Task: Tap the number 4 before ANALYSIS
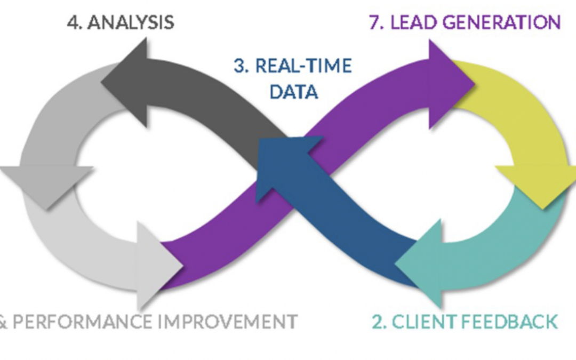tap(74, 22)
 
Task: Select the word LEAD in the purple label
tap(411, 22)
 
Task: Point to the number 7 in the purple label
tap(375, 22)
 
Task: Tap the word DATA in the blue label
tap(293, 92)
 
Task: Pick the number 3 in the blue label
tap(239, 67)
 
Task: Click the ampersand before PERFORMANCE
tap(3, 322)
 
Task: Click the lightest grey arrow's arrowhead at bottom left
tap(157, 264)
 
